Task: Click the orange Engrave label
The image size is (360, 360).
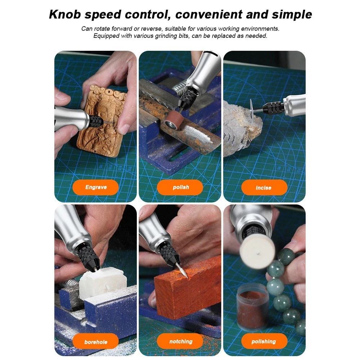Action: point(95,187)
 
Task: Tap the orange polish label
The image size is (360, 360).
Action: point(180,187)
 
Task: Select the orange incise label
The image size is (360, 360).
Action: point(264,188)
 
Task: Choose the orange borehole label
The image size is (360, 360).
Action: point(95,341)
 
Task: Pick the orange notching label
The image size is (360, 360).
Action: point(180,341)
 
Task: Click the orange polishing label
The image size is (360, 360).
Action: point(264,341)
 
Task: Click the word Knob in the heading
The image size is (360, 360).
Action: point(65,14)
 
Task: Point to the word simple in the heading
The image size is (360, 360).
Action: point(292,15)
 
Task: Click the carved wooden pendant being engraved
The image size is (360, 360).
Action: point(101,121)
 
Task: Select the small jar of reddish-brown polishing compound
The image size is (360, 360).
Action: point(253,307)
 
